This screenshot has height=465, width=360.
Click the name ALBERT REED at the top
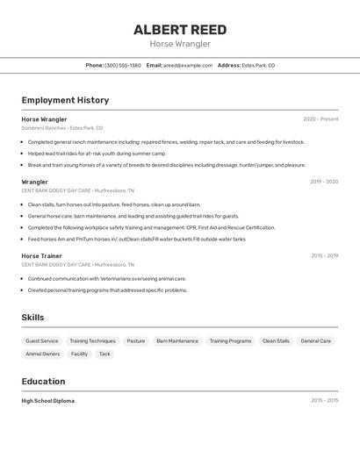point(179,29)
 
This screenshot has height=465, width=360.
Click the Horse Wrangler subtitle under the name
point(179,44)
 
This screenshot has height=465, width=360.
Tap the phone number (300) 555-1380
point(122,65)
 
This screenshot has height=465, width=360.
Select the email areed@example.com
point(187,65)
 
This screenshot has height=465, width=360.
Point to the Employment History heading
point(65,100)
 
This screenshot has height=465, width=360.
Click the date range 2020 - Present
point(320,119)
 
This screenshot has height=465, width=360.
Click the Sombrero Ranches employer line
point(61,128)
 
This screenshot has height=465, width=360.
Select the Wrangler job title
point(35,182)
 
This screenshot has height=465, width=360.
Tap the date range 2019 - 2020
point(323,182)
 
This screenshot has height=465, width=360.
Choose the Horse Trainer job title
point(41,255)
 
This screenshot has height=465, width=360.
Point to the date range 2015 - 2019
point(324,255)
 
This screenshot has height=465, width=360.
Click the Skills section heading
point(32,318)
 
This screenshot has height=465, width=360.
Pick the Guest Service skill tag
point(42,340)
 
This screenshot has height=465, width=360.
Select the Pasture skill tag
point(136,340)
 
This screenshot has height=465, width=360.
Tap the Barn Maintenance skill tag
point(177,340)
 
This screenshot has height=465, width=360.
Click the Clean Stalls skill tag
point(276,340)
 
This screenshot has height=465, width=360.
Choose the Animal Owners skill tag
point(42,354)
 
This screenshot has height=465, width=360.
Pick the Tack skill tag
point(104,354)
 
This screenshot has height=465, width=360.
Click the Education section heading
point(43,382)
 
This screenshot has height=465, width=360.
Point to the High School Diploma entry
point(48,401)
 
